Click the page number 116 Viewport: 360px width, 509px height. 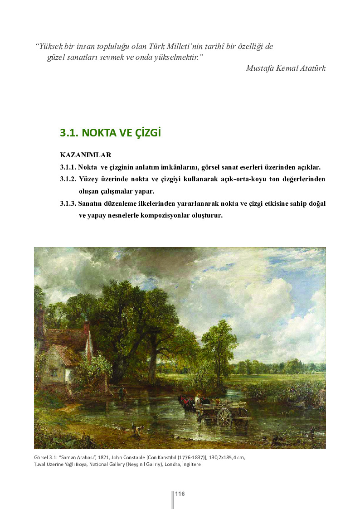pos(180,494)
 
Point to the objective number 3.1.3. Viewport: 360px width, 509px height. pos(68,204)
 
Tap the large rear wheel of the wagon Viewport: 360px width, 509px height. pos(224,417)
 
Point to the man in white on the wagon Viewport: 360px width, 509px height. pos(197,399)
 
